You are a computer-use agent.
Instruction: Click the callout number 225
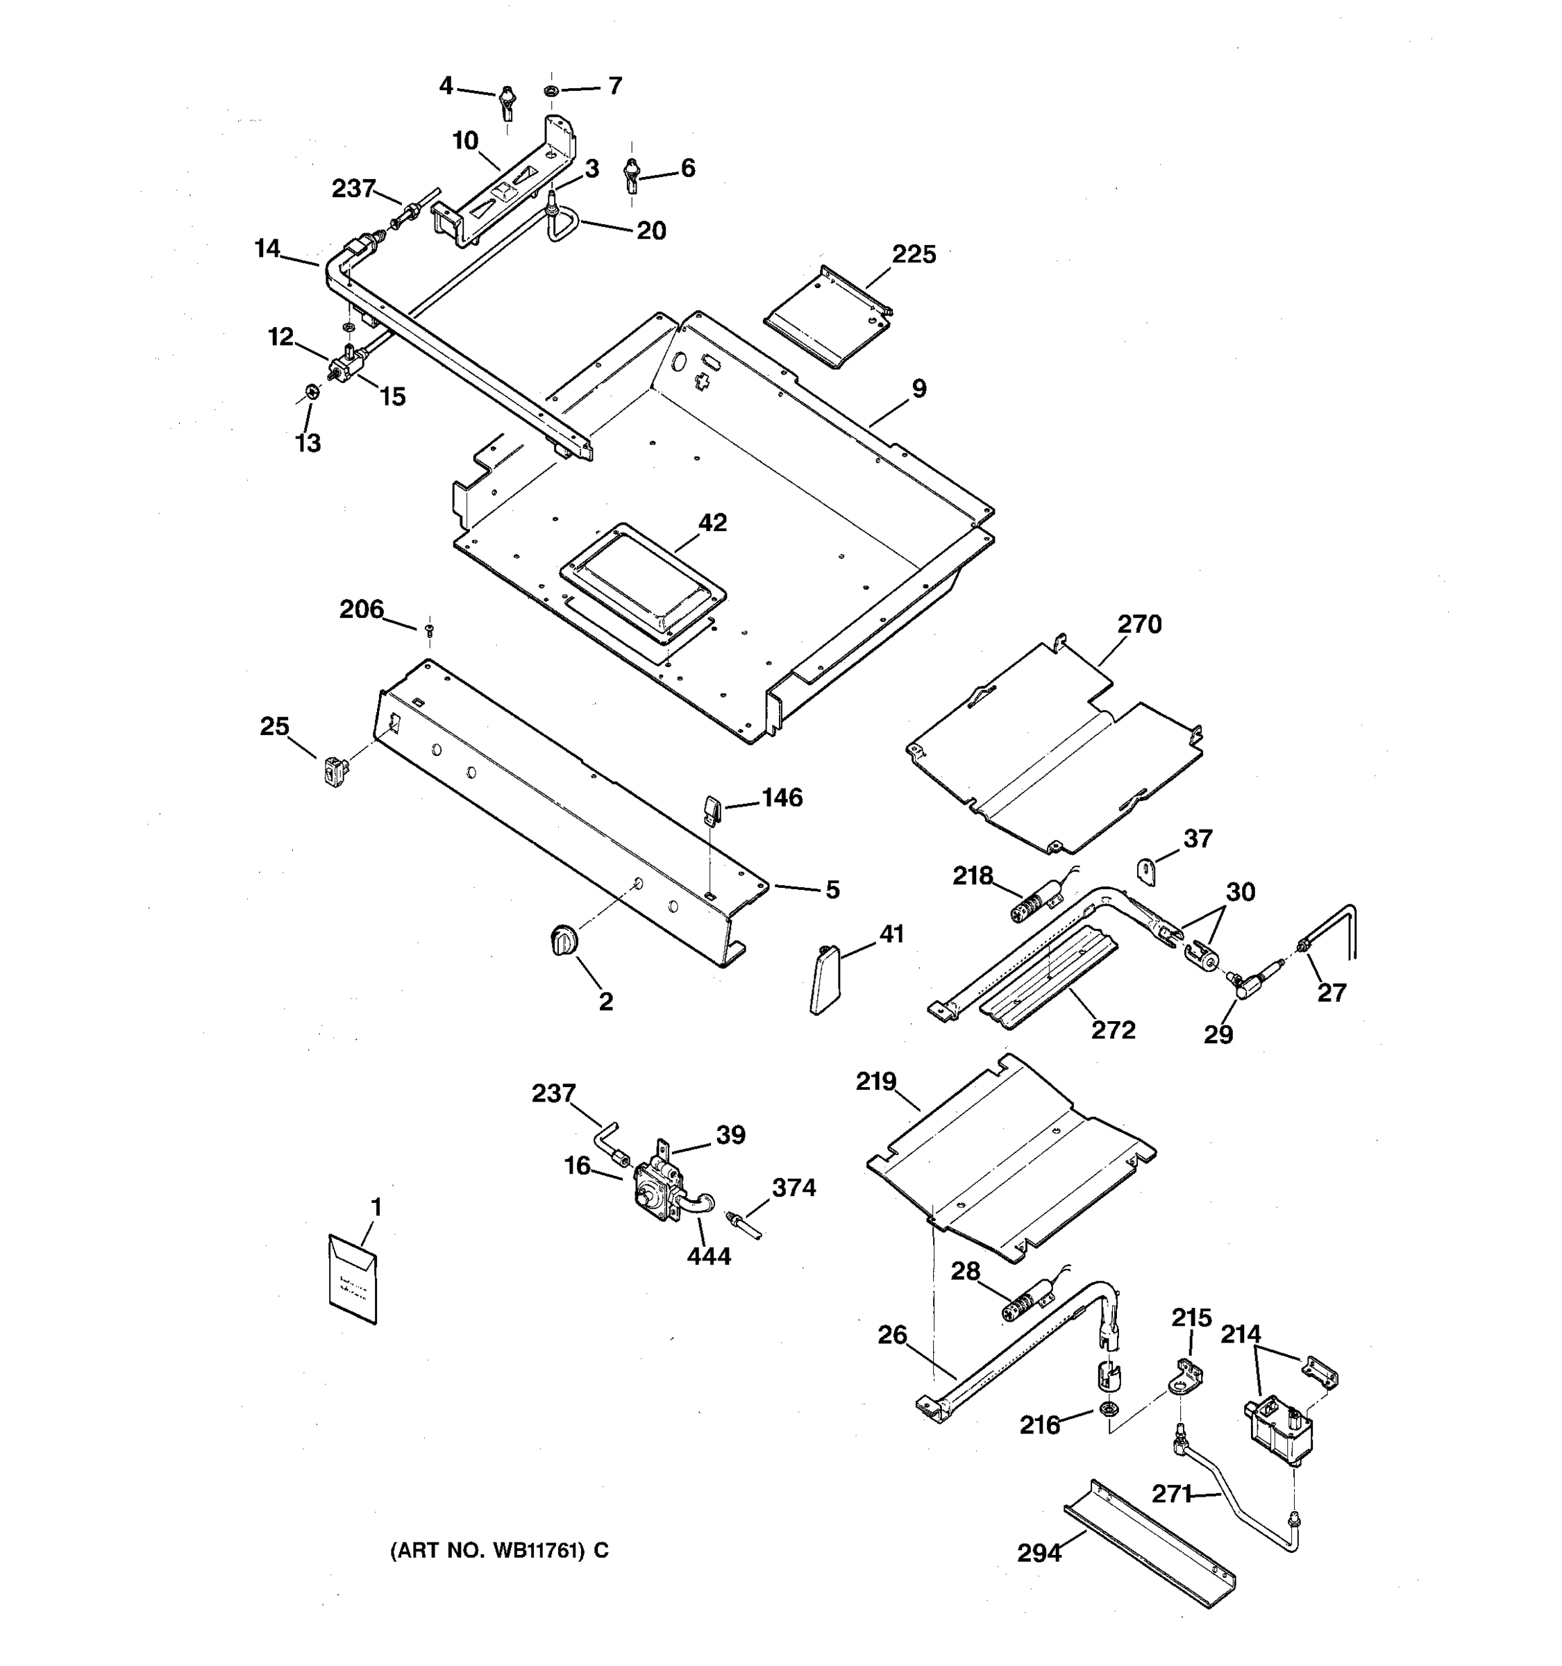pyautogui.click(x=914, y=255)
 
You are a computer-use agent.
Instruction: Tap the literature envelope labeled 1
pyautogui.click(x=353, y=1279)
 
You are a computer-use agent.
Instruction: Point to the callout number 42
pyautogui.click(x=712, y=523)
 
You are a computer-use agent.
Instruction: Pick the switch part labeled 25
pyautogui.click(x=335, y=768)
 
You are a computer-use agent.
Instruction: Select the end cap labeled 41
pyautogui.click(x=824, y=979)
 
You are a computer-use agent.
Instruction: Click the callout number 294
pyautogui.click(x=1039, y=1553)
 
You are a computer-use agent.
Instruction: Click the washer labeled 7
pyautogui.click(x=552, y=90)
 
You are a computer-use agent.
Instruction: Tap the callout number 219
pyautogui.click(x=875, y=1082)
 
